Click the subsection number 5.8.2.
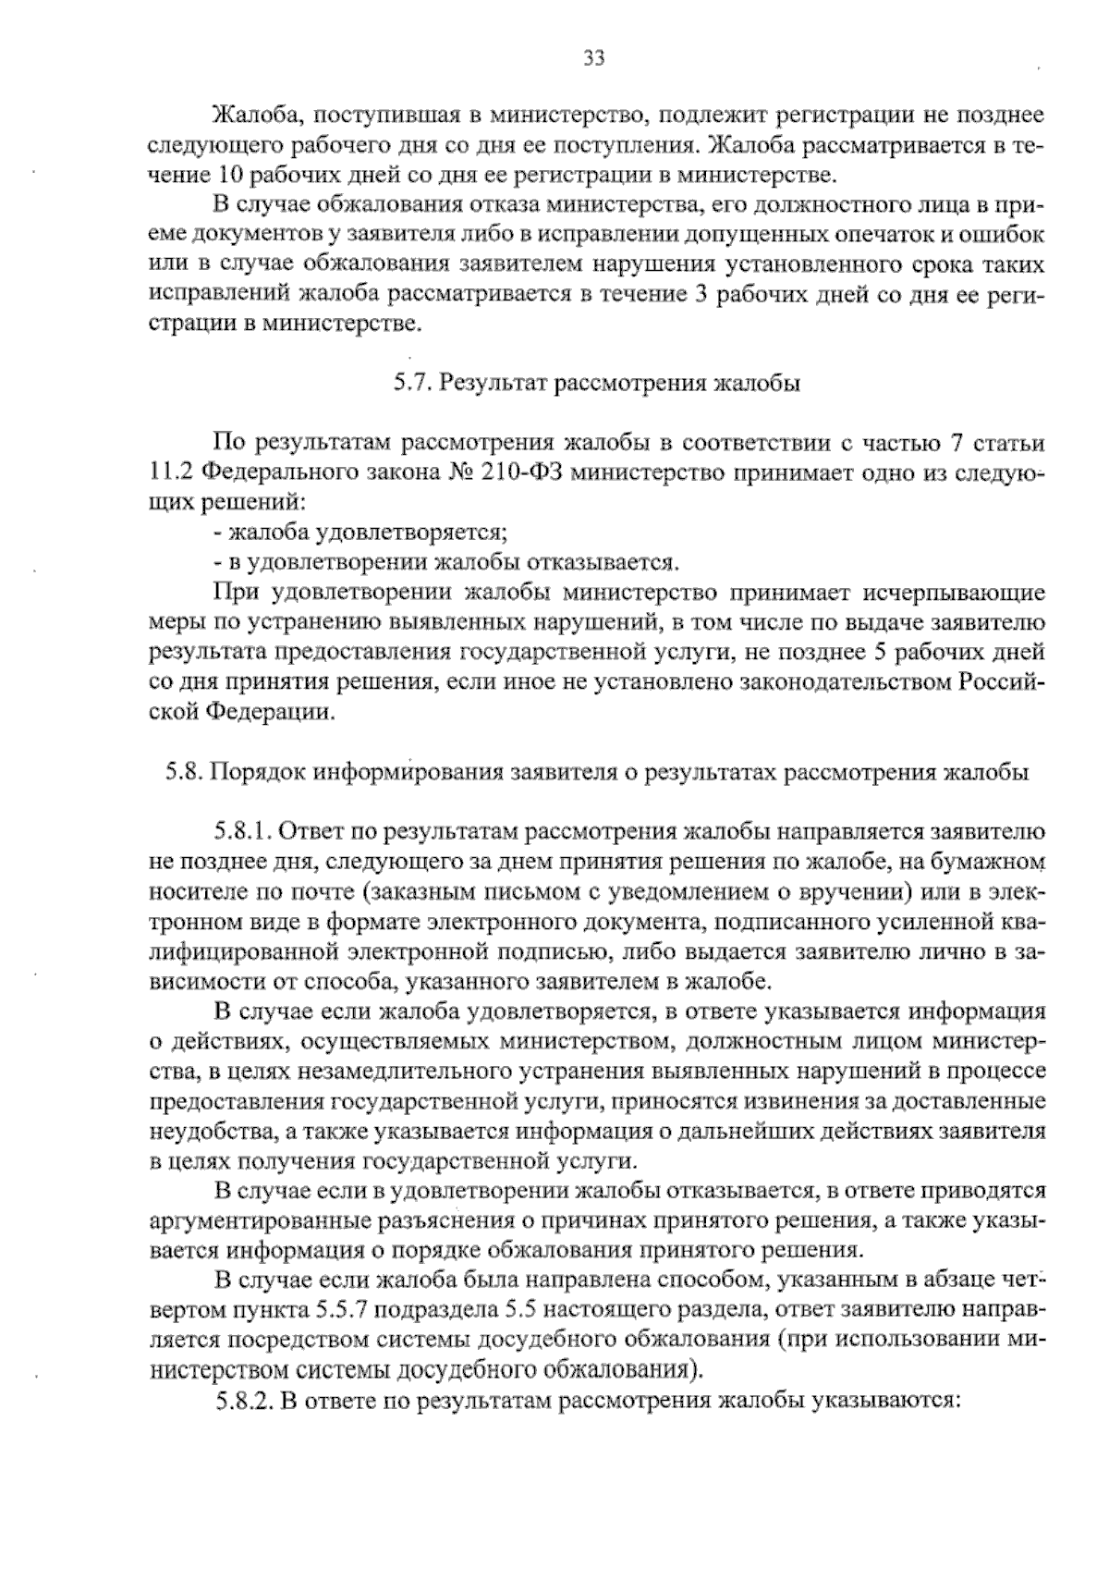tap(243, 1401)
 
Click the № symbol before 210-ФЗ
tap(462, 473)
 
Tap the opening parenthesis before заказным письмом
tap(367, 891)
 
